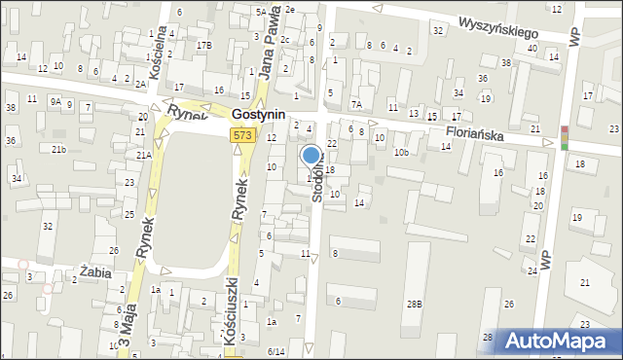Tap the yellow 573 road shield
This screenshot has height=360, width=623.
tap(244, 135)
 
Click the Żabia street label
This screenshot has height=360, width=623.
tap(98, 273)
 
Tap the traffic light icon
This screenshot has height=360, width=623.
tap(565, 138)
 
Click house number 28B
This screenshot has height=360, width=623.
tap(415, 305)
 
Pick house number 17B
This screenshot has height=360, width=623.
tap(202, 46)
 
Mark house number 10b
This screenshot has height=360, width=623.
tap(401, 152)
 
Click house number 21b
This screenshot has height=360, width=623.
tap(59, 149)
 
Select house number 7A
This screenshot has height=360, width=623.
tap(356, 103)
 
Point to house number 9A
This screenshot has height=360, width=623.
tap(56, 100)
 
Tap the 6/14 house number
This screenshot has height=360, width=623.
tap(276, 351)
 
